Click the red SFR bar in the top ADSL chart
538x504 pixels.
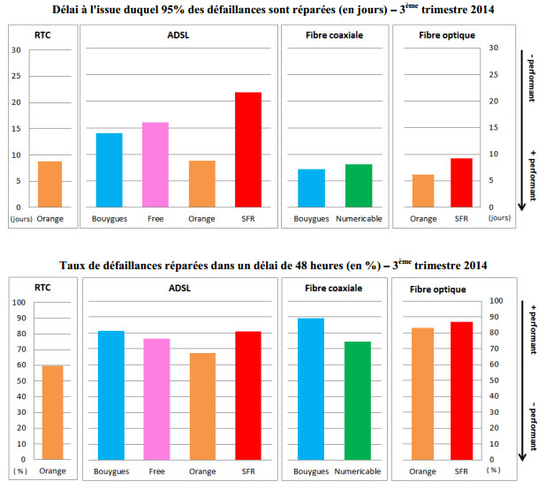tap(248, 150)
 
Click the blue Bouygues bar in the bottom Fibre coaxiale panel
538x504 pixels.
tap(311, 389)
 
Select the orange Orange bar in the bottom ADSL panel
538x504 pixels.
tap(202, 406)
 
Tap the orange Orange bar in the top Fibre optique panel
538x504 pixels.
tap(424, 191)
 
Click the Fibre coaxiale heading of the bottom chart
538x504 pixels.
tap(333, 288)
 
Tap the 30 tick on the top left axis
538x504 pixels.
tap(16, 49)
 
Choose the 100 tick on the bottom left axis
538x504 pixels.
tap(19, 302)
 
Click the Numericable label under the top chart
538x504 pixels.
tap(358, 218)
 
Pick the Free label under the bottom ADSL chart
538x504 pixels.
tap(156, 471)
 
